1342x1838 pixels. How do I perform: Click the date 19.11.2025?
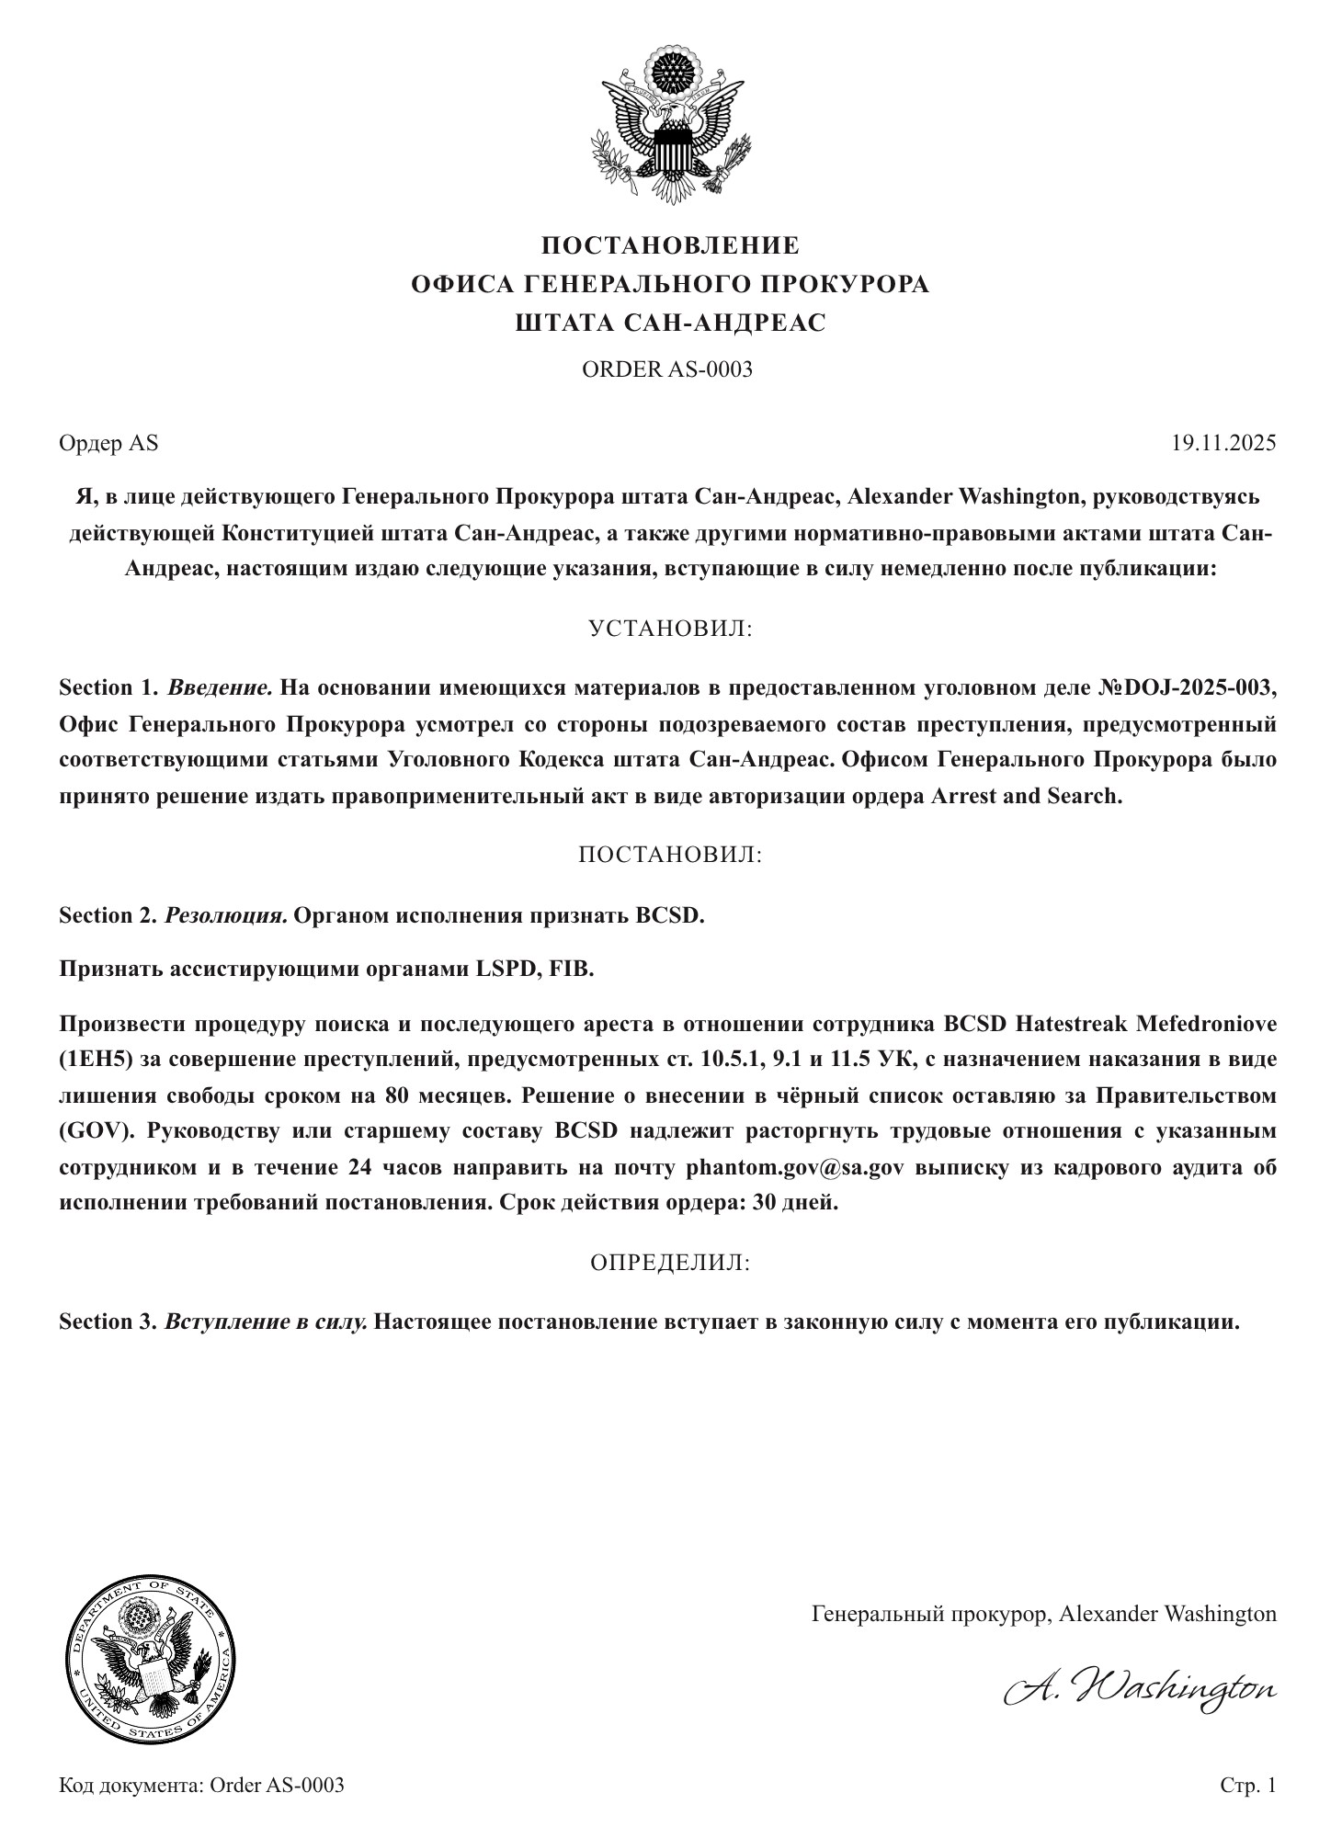1223,443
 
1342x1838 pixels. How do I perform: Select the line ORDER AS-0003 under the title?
667,369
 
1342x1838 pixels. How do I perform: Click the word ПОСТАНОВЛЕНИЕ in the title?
670,245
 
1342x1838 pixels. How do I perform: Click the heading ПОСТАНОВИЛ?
670,855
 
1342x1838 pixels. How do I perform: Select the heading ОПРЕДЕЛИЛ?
670,1263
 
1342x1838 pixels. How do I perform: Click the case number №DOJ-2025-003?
1187,687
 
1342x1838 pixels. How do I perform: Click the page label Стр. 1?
1247,1785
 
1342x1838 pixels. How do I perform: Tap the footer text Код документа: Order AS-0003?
201,1785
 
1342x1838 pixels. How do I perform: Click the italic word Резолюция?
226,915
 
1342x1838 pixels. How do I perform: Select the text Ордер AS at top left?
108,443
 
